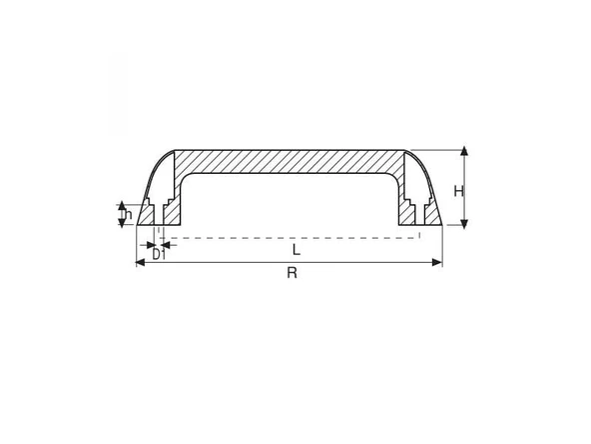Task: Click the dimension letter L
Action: tap(295, 248)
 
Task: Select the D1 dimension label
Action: tap(158, 256)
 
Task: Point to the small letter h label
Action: tap(128, 214)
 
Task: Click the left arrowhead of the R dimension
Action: tap(139, 262)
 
